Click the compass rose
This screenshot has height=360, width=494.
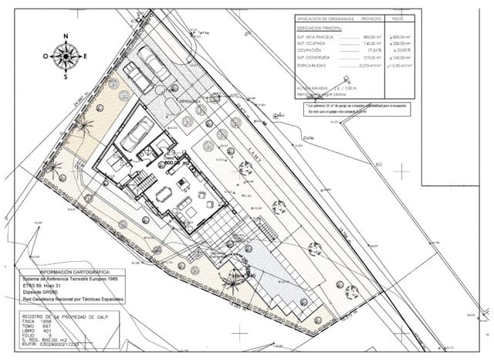(66, 56)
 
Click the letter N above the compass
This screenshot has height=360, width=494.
(66, 36)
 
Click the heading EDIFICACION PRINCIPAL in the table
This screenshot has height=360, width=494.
(321, 26)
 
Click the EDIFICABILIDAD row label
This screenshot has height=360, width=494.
(316, 65)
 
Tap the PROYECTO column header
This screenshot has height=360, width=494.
(370, 17)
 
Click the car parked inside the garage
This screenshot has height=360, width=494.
(137, 134)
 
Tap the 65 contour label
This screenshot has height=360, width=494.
(378, 164)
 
